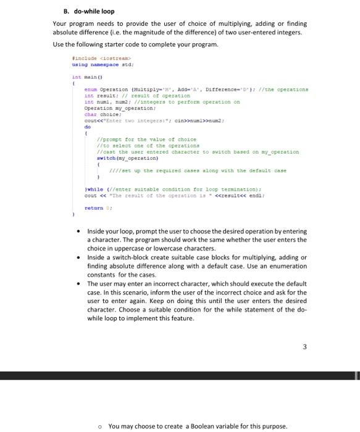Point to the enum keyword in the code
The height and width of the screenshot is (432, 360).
(90, 90)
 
